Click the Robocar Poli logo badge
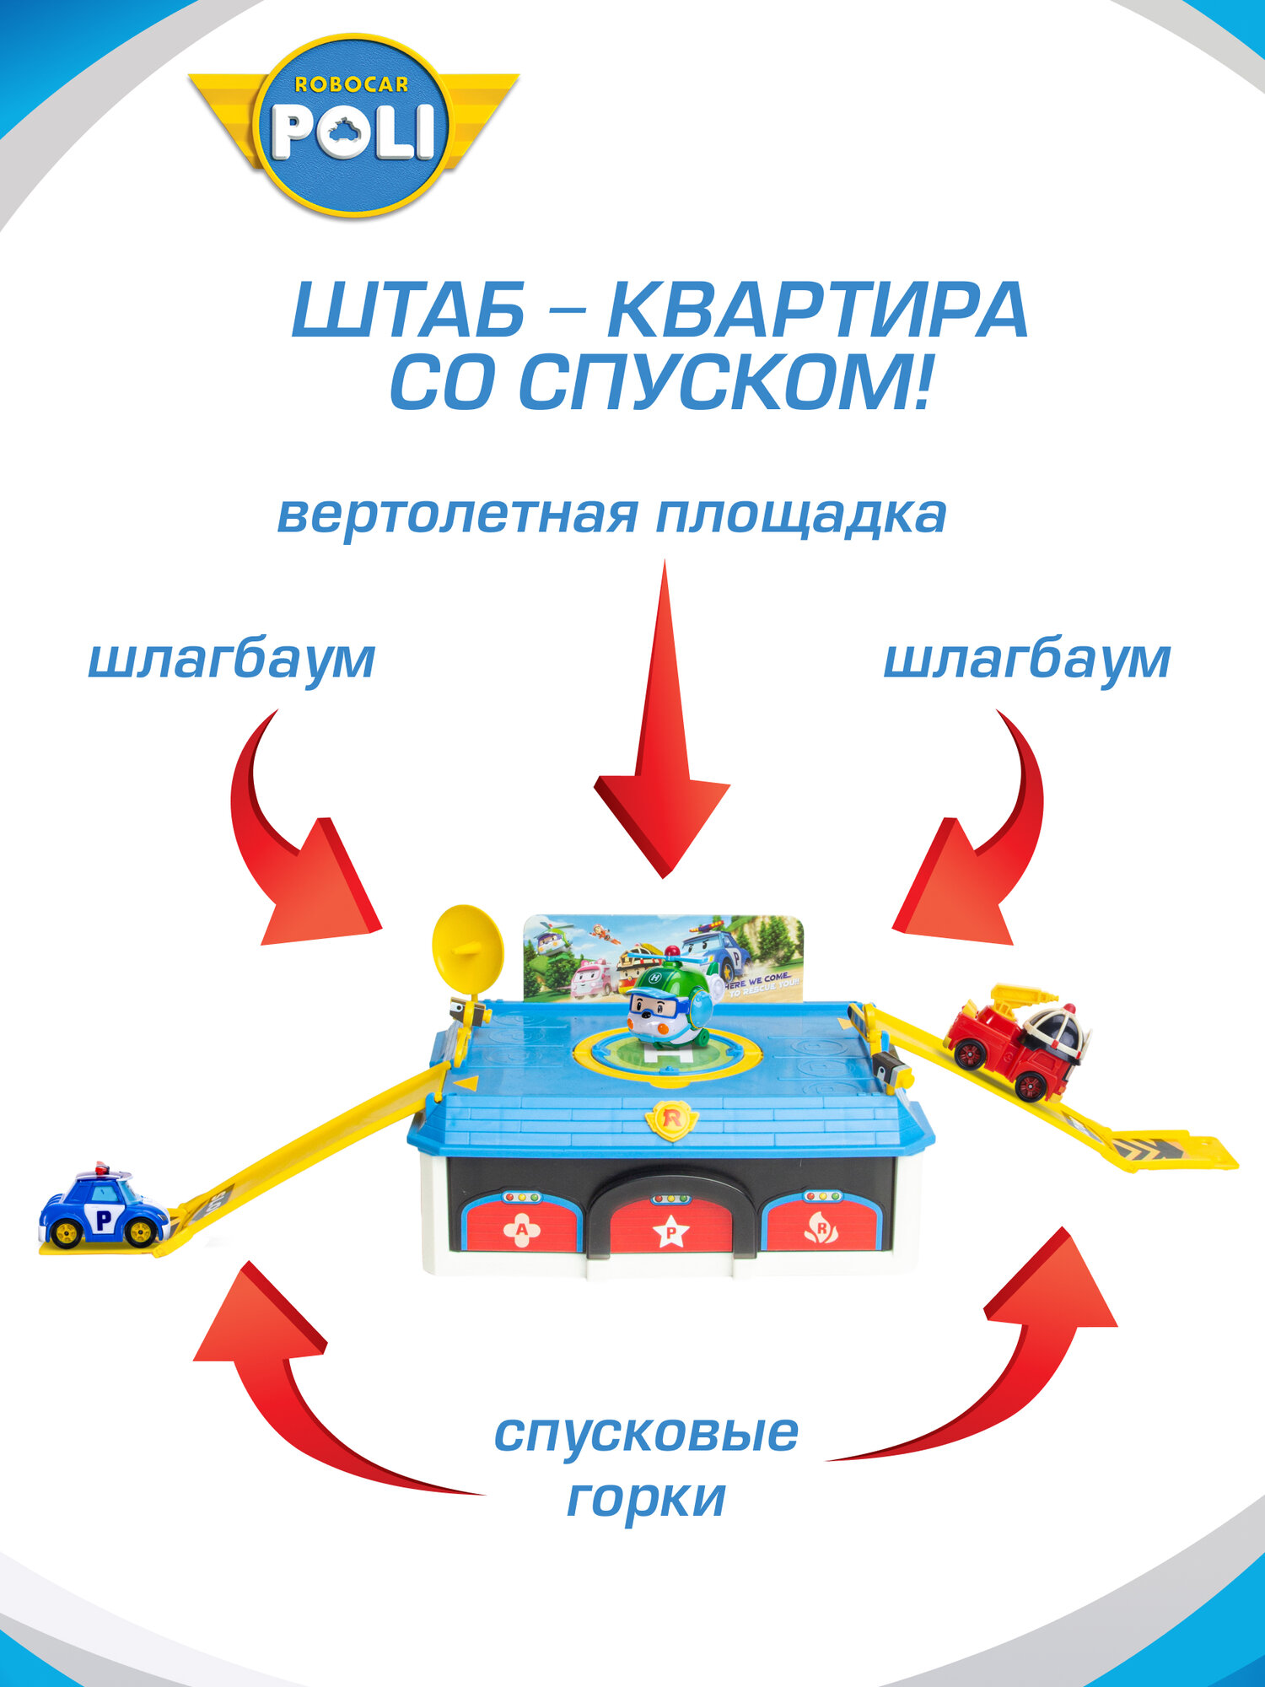pyautogui.click(x=353, y=126)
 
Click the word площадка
pyautogui.click(x=800, y=516)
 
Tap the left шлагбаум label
pyautogui.click(x=232, y=660)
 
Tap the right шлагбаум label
pyautogui.click(x=1026, y=660)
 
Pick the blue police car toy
pyautogui.click(x=104, y=1208)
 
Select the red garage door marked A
pyautogui.click(x=521, y=1227)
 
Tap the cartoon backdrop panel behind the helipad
pyautogui.click(x=582, y=953)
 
